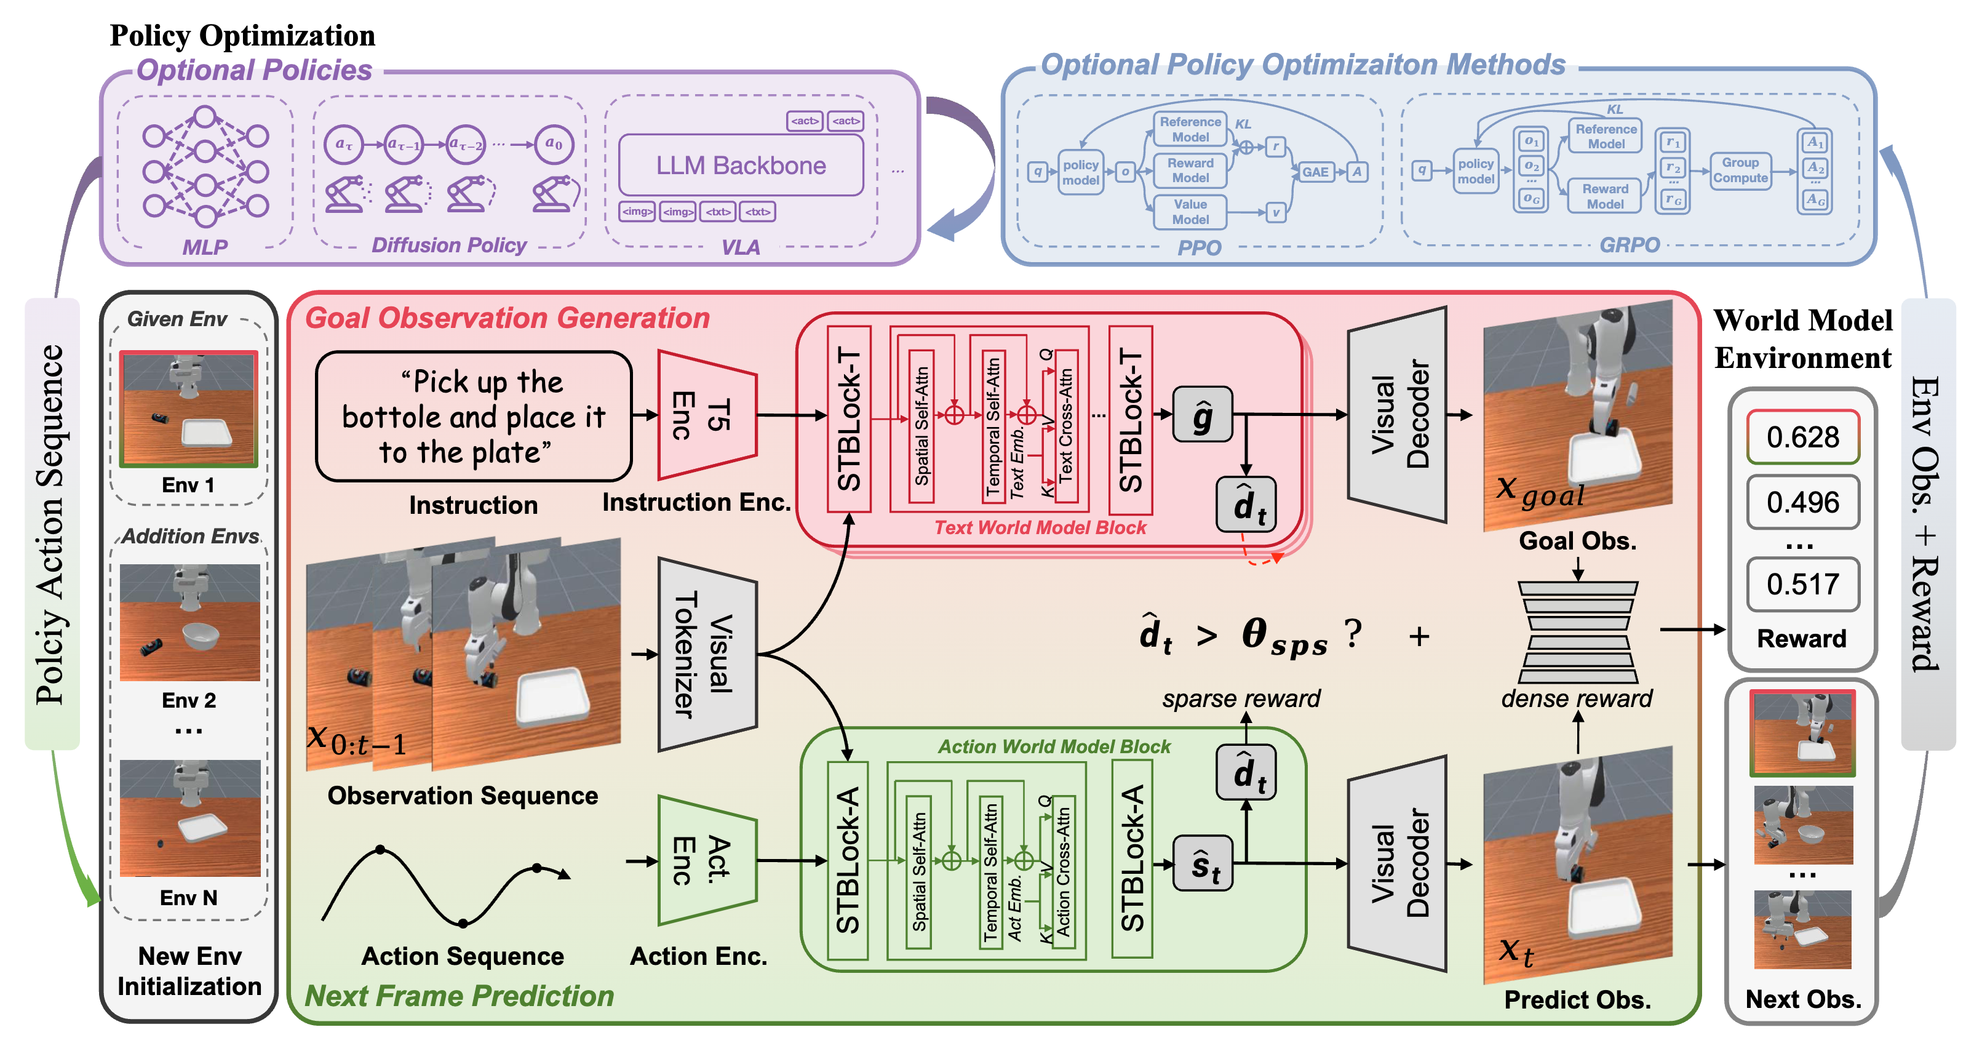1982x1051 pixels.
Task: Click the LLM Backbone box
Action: [x=740, y=166]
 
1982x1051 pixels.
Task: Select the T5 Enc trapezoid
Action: [x=704, y=416]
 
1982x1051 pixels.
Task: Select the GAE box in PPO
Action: [x=1315, y=172]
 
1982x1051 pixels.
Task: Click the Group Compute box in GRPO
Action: [x=1740, y=170]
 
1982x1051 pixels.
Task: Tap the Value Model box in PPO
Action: [x=1190, y=212]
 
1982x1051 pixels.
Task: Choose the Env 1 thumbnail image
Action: [x=188, y=409]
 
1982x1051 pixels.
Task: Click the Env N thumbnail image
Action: [x=190, y=818]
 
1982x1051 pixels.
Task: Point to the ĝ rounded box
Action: [x=1202, y=415]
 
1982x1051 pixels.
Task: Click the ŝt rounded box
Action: [x=1202, y=864]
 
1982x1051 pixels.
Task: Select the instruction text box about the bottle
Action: [x=473, y=416]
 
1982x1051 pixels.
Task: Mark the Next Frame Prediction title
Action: [x=460, y=996]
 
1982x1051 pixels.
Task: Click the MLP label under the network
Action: [x=205, y=247]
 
